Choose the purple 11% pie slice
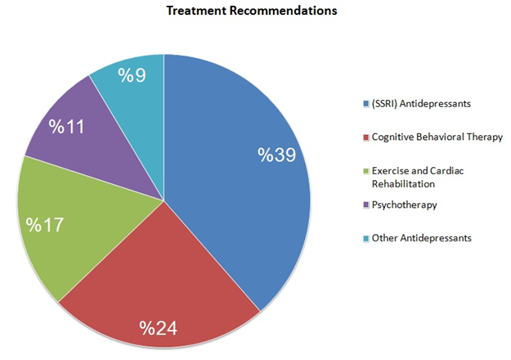(90, 139)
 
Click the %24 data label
(159, 329)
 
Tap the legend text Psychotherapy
(405, 205)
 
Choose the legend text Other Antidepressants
(422, 238)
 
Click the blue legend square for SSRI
(365, 104)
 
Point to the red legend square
(365, 137)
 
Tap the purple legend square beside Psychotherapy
(365, 205)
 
